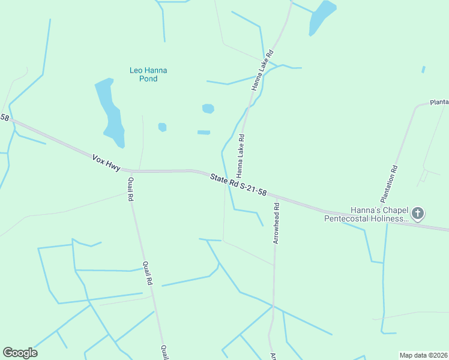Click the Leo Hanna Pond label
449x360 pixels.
tap(148, 74)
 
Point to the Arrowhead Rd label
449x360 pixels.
tap(277, 223)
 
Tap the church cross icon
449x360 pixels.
tap(418, 213)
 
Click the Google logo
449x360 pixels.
tap(20, 352)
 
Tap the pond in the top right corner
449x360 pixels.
tap(322, 17)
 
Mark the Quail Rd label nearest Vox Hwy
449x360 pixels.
tap(131, 189)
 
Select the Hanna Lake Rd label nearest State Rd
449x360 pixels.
tap(240, 155)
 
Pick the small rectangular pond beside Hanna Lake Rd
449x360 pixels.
tap(204, 132)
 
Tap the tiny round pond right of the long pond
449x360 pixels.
tap(162, 127)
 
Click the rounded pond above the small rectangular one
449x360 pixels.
tap(208, 109)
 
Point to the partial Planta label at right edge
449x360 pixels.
tap(439, 103)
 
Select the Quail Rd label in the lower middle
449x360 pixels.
tap(148, 273)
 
